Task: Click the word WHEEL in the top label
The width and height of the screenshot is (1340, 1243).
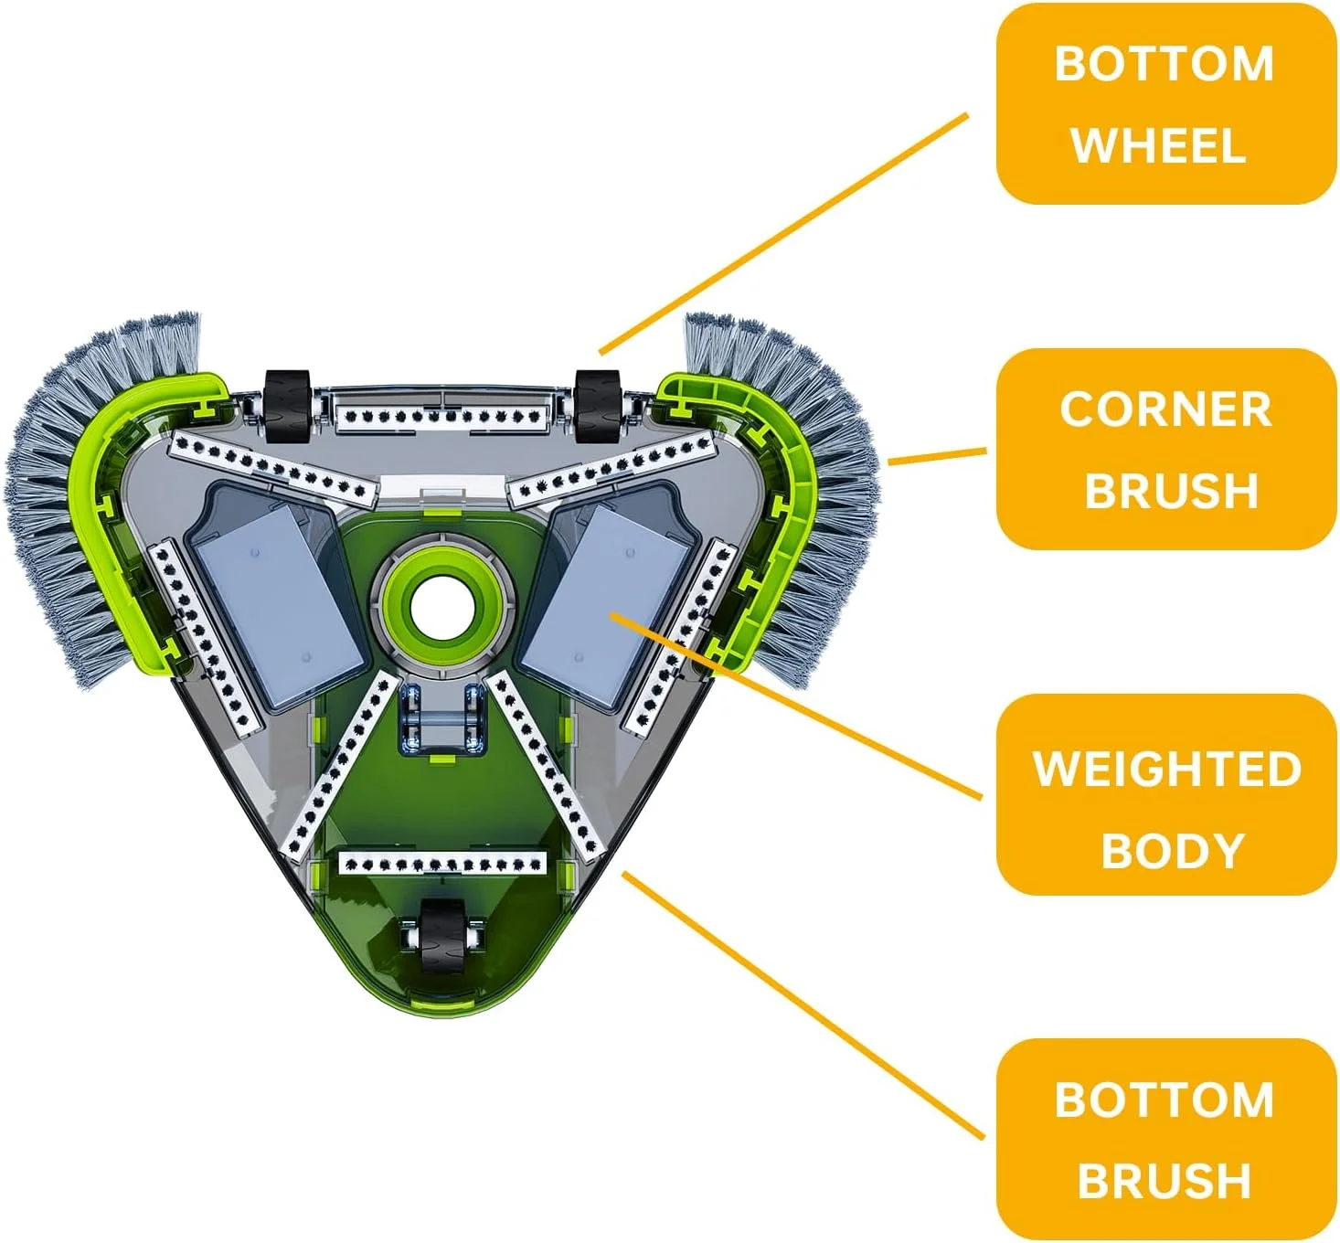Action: point(1158,146)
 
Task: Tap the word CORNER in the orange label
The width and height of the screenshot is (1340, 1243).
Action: point(1165,409)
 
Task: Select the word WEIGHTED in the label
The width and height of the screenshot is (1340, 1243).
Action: point(1166,769)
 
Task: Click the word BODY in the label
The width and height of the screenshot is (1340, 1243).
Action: point(1173,851)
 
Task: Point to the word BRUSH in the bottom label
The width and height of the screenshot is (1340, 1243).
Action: point(1164,1181)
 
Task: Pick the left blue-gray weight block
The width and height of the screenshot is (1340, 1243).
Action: point(277,603)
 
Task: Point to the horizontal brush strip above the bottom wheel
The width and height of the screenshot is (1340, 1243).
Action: point(442,863)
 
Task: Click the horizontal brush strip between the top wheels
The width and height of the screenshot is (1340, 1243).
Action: point(442,417)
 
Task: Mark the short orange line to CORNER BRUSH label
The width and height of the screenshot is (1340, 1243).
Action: point(937,456)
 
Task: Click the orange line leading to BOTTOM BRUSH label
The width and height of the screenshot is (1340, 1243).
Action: point(804,1005)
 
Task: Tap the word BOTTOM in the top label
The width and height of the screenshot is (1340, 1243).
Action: point(1164,64)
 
